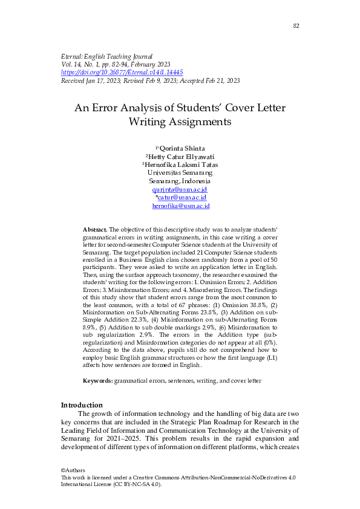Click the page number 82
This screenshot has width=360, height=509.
[296, 25]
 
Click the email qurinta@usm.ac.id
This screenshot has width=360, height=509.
[180, 189]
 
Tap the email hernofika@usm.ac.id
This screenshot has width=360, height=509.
[180, 206]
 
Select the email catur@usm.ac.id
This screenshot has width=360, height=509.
[182, 198]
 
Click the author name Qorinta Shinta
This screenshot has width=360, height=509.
[182, 148]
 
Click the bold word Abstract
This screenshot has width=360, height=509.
[94, 230]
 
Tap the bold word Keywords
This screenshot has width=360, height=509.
[97, 381]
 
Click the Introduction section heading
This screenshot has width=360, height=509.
[82, 405]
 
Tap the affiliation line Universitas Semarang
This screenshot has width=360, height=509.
[180, 173]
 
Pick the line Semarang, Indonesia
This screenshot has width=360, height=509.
[180, 181]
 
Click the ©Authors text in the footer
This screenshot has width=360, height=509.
[73, 470]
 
